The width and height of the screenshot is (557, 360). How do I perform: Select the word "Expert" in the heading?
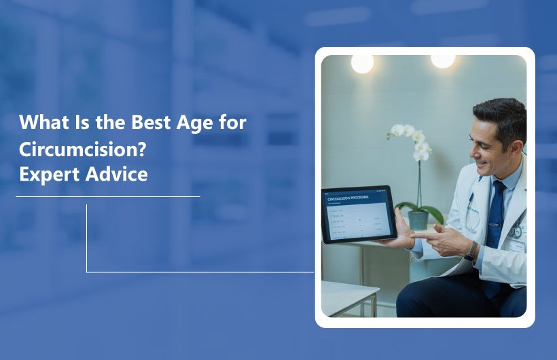tap(46, 174)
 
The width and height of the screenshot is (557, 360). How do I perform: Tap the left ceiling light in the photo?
tap(362, 63)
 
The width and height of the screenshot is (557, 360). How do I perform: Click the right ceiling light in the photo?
tap(443, 60)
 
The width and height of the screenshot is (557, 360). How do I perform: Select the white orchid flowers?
tap(411, 139)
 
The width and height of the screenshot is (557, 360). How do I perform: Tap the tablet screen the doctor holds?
tap(358, 214)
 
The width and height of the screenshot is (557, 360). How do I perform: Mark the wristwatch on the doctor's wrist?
tap(470, 251)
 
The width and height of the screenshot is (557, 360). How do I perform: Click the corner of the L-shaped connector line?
tap(87, 272)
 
